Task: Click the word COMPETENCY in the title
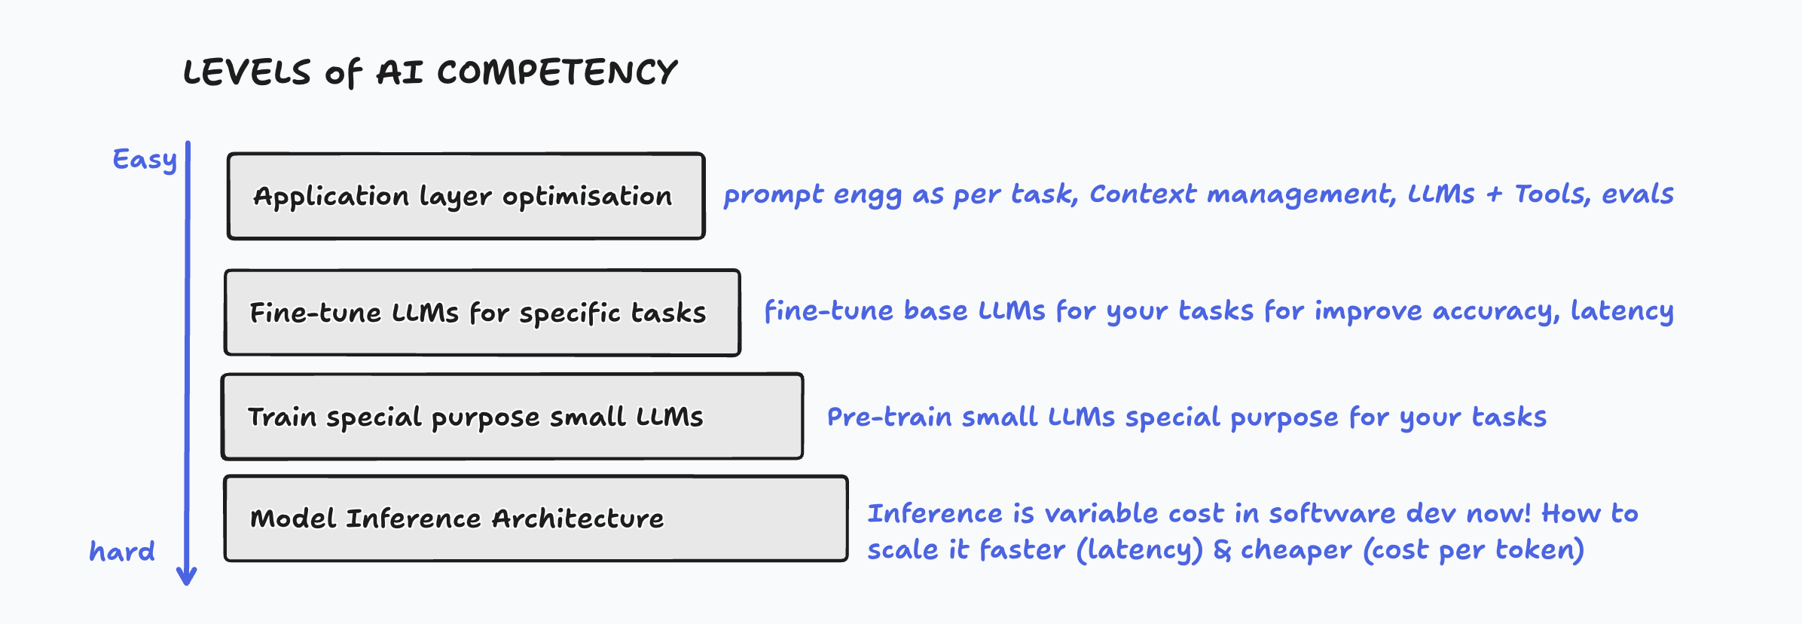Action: point(557,73)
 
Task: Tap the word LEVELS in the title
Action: point(247,73)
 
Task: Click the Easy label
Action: point(145,160)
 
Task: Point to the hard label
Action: point(122,552)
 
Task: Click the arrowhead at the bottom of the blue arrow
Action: point(187,577)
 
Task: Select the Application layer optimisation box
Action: point(466,197)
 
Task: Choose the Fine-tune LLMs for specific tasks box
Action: point(482,313)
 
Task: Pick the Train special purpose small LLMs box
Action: point(512,417)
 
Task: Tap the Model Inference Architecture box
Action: point(536,518)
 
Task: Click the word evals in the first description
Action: point(1637,194)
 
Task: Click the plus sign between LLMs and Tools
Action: point(1495,195)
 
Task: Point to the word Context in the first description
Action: point(1142,194)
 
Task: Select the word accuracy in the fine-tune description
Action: point(1495,312)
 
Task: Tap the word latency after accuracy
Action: point(1621,312)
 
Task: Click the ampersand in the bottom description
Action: point(1222,550)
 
